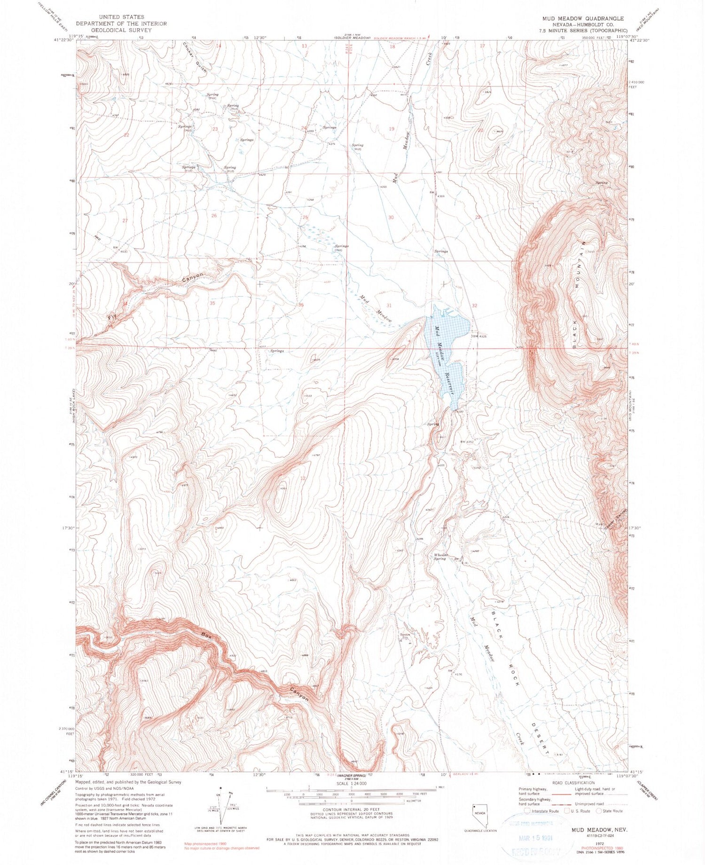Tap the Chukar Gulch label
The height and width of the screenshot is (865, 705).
pyautogui.click(x=195, y=55)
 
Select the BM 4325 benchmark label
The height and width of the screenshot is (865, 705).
pyautogui.click(x=481, y=336)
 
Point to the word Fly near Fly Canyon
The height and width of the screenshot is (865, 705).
pyautogui.click(x=112, y=317)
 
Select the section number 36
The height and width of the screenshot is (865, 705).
pyautogui.click(x=301, y=305)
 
